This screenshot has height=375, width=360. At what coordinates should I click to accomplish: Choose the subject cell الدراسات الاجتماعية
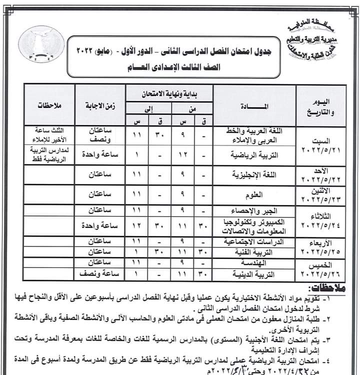coord(255,241)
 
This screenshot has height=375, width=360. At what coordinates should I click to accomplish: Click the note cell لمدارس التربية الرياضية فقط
coord(48,154)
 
